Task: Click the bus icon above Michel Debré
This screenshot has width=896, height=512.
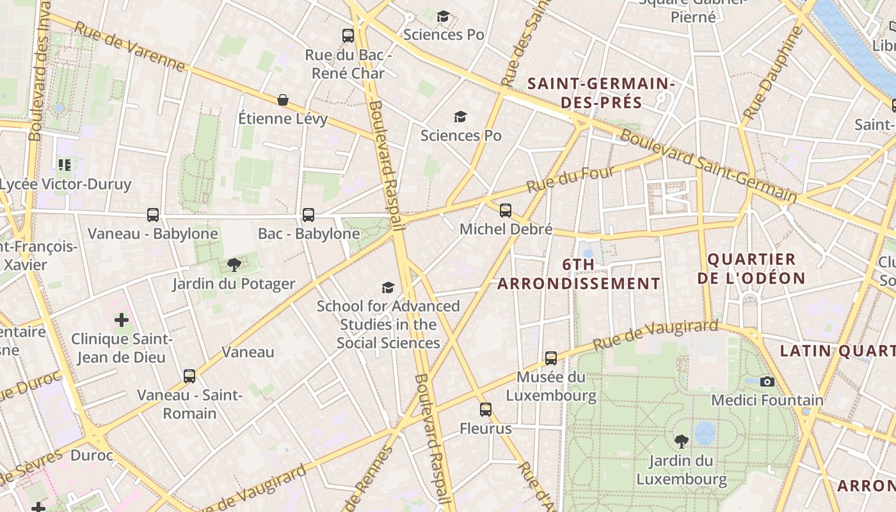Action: [506, 210]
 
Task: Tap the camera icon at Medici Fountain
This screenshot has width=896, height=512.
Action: [767, 381]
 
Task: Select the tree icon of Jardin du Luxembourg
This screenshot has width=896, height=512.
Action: [682, 441]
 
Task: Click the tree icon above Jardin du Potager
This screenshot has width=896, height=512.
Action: [234, 264]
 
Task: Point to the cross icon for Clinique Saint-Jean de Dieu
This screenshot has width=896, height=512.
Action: [122, 319]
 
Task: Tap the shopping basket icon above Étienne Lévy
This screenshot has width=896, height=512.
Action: [282, 100]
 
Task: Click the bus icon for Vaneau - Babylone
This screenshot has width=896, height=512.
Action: [153, 215]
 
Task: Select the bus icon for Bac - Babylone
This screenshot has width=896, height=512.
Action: [308, 215]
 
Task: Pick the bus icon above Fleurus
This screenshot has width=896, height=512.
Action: [486, 410]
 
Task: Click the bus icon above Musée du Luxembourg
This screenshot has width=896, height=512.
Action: [551, 358]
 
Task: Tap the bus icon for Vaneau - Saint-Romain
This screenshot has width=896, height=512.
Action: [189, 376]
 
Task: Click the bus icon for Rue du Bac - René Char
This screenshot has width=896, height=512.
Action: [348, 36]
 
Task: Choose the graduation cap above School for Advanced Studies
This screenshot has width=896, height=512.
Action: [388, 287]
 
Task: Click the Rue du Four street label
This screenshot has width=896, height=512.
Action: [570, 179]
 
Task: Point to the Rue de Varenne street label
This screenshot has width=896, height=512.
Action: [129, 46]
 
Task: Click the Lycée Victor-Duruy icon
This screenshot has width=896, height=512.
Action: [65, 165]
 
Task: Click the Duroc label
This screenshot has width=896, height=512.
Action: [92, 456]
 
